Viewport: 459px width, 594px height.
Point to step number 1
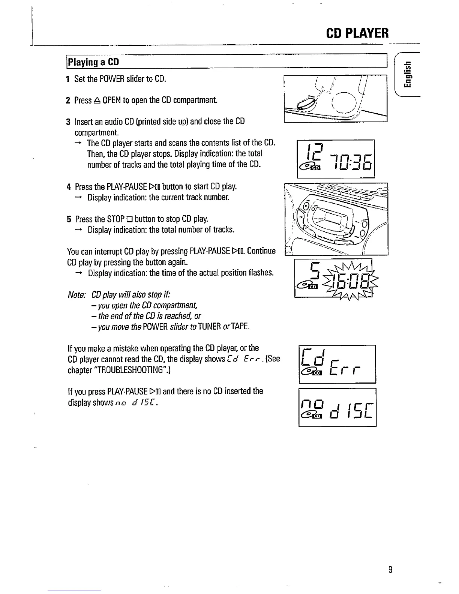(x=67, y=79)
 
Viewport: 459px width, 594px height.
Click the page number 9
(x=390, y=570)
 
